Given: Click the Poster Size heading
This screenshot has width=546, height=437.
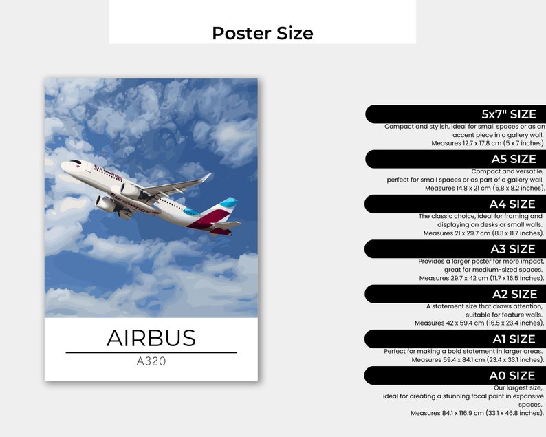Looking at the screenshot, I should coord(262,32).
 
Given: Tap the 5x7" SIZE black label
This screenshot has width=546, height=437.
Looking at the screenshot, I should coord(508,114).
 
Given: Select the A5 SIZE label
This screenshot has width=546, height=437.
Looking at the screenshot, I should coord(513,159).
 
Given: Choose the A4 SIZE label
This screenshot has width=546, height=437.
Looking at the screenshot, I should coord(512,204).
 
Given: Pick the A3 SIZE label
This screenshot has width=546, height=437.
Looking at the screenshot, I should coord(512,248).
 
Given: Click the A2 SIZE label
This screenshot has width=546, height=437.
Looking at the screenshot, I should coord(512,294).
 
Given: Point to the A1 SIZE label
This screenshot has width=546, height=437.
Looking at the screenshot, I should coord(513,339).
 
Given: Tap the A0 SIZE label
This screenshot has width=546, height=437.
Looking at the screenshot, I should coord(512,375).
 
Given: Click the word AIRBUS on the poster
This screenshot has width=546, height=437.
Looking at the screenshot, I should coord(151,338).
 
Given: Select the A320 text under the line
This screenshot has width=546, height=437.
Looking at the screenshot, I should coord(151,361).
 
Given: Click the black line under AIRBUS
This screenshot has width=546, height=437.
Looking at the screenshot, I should coord(151,352).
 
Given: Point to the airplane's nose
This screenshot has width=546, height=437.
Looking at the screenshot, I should coord(64,165).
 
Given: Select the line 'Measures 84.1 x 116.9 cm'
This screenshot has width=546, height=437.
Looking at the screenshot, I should coord(477,413).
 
